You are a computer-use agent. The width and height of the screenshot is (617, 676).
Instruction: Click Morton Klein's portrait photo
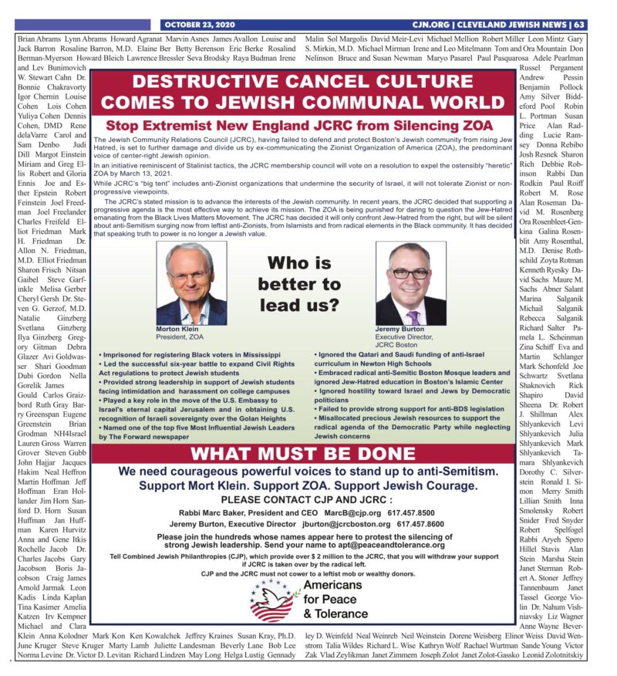(x=189, y=283)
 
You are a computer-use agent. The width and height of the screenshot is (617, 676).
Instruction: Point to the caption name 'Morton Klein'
(x=178, y=329)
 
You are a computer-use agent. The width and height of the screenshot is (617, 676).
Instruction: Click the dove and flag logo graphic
(x=274, y=601)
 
